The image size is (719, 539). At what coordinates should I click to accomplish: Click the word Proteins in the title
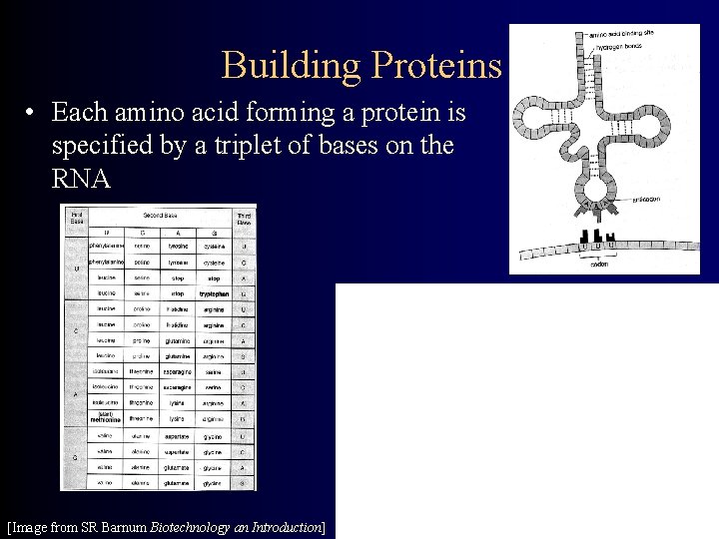[x=434, y=65]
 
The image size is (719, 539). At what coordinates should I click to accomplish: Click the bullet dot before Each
[x=34, y=111]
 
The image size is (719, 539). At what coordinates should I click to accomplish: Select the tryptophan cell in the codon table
[x=213, y=293]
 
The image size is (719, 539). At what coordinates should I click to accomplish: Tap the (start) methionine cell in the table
[x=105, y=418]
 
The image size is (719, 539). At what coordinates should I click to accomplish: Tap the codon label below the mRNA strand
[x=598, y=264]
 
